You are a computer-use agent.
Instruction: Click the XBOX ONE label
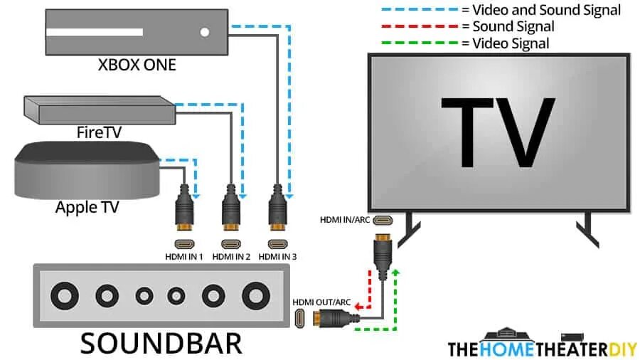point(137,65)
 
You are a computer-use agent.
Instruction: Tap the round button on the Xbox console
point(206,32)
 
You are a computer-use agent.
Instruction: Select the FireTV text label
point(99,132)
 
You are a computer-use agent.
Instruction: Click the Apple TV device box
point(86,171)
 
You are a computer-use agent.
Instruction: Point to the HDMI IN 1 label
point(185,256)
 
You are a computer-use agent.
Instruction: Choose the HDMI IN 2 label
point(231,256)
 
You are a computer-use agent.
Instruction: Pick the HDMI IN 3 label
point(278,256)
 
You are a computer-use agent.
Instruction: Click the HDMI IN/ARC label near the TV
point(345,220)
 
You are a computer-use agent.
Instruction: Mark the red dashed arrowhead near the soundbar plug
point(358,306)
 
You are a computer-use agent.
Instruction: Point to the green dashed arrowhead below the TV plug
point(396,272)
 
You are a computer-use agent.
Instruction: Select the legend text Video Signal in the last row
point(511,43)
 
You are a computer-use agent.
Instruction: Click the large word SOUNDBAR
point(161,343)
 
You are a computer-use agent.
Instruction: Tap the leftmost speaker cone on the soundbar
point(66,294)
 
